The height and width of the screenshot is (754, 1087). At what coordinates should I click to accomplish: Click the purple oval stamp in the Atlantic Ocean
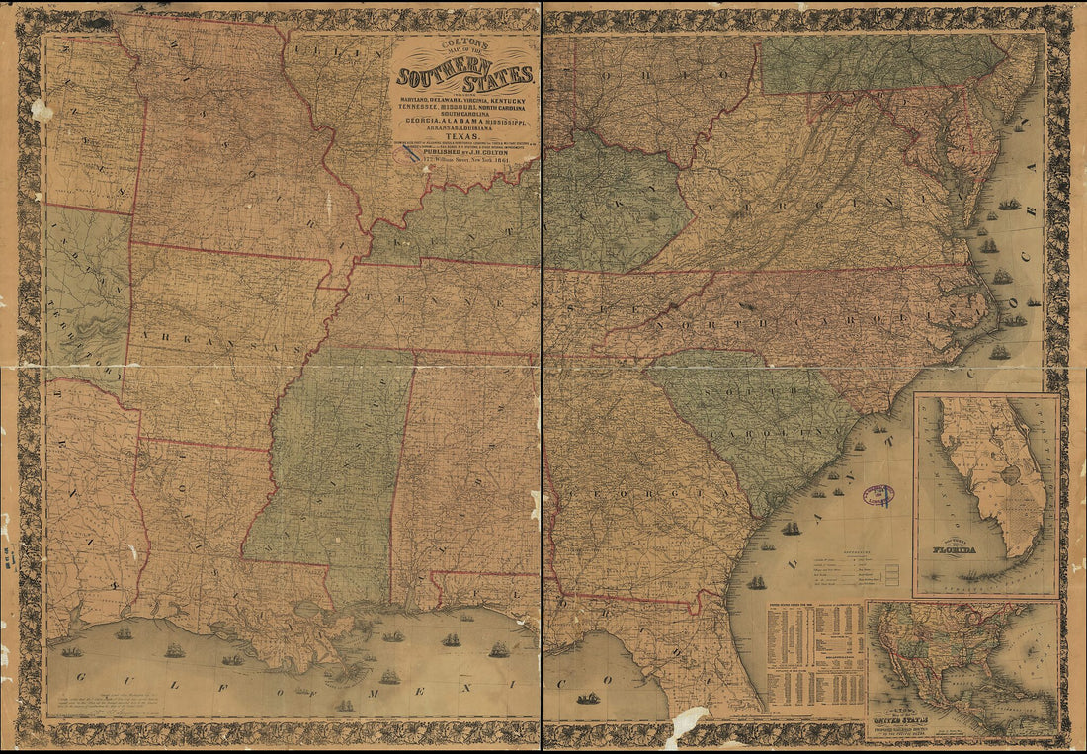pyautogui.click(x=878, y=494)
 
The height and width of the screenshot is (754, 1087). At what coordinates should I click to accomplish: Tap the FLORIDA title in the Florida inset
pyautogui.click(x=950, y=549)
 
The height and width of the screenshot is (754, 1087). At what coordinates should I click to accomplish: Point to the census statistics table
pyautogui.click(x=815, y=657)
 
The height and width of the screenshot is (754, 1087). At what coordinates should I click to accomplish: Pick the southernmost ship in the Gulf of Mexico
pyautogui.click(x=345, y=706)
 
